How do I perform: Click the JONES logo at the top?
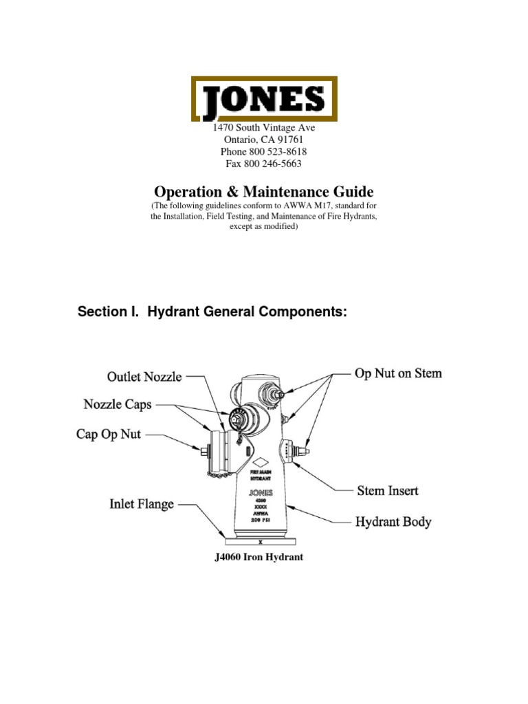[x=264, y=99]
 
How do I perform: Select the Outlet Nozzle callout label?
[x=144, y=377]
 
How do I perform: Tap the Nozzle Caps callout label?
[x=118, y=405]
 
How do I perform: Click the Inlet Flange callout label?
[x=142, y=505]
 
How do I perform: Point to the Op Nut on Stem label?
[x=398, y=374]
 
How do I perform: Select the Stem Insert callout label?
[x=387, y=491]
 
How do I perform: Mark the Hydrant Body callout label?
[x=393, y=522]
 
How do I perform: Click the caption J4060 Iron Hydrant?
[x=259, y=558]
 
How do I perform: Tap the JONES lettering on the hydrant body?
[x=261, y=492]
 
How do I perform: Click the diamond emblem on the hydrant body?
[x=262, y=463]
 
